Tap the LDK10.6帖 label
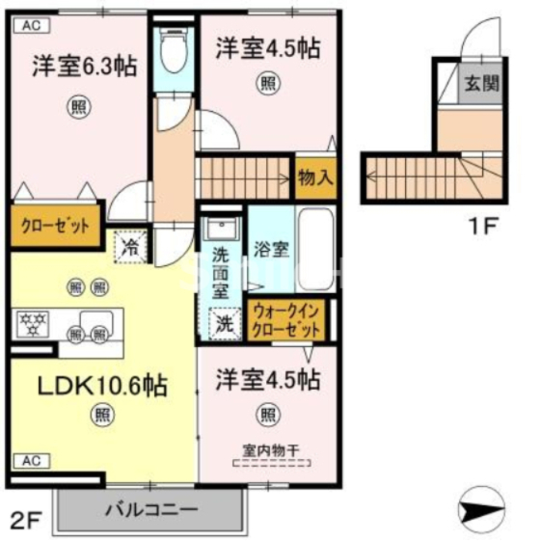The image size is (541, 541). (102, 386)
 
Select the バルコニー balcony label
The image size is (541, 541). (150, 508)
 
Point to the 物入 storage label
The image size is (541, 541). (314, 178)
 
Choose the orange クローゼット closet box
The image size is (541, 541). (56, 228)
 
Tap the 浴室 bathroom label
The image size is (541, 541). (269, 249)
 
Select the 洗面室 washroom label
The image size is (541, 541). (221, 274)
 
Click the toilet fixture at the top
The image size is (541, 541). (175, 54)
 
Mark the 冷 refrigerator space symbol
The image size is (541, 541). (130, 247)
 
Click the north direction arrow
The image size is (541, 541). (481, 504)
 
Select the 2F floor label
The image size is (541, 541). (26, 523)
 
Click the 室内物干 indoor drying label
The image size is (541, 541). (267, 449)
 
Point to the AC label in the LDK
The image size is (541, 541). (30, 459)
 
